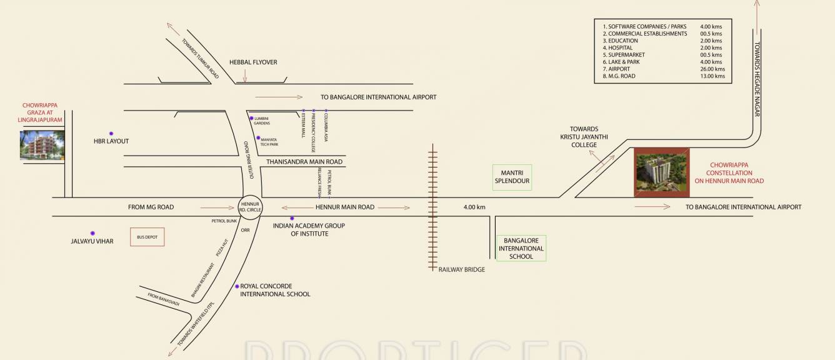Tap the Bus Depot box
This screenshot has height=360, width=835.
click(x=147, y=237)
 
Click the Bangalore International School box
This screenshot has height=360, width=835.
click(x=521, y=248)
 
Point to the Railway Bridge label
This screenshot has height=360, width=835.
click(x=461, y=269)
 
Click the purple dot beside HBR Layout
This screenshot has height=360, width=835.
click(x=111, y=133)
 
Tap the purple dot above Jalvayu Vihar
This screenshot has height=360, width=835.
click(x=92, y=233)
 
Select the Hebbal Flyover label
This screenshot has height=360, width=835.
click(x=253, y=62)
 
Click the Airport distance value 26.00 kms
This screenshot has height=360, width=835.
click(x=712, y=69)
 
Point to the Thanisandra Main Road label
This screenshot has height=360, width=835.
click(x=304, y=161)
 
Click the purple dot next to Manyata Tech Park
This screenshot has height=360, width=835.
click(x=257, y=137)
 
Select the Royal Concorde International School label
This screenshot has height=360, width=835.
click(x=275, y=290)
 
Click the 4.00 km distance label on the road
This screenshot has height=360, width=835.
click(x=474, y=207)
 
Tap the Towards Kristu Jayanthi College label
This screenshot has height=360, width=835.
click(x=584, y=137)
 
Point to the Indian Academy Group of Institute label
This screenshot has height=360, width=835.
click(x=309, y=229)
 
